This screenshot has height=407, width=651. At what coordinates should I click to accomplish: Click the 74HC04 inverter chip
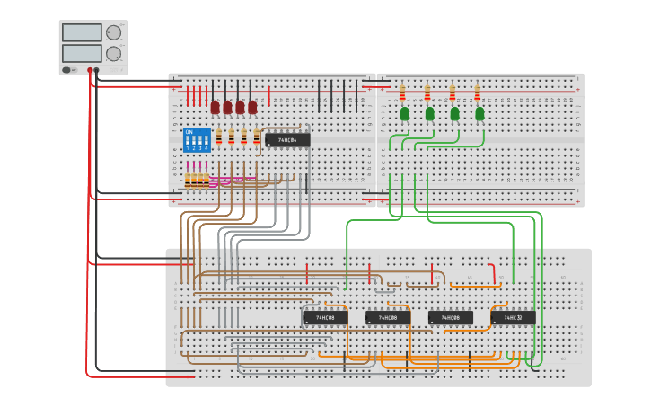coord(287,140)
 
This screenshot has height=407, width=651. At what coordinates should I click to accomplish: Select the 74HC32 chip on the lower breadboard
coord(513,317)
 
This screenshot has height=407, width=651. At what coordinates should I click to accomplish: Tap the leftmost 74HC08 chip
coord(324,317)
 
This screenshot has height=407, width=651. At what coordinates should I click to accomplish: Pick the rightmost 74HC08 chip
coord(450,317)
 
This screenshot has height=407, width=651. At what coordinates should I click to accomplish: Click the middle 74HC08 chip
coord(387,317)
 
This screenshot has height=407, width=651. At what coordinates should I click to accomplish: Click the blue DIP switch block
coord(197,140)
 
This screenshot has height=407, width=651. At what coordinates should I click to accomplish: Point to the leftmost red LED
coord(216,107)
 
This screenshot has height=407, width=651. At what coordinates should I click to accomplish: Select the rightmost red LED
coord(253,107)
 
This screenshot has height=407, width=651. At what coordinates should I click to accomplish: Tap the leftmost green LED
coord(405,113)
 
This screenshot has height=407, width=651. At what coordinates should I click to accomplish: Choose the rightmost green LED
coord(479,113)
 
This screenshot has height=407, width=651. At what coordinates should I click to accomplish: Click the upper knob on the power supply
coord(113,32)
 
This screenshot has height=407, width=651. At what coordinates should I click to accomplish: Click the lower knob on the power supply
coord(113,53)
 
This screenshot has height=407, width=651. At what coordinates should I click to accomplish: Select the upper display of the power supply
coord(82,32)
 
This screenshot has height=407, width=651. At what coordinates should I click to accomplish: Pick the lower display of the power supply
coord(82,53)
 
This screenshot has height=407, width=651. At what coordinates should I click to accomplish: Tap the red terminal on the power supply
coord(95,69)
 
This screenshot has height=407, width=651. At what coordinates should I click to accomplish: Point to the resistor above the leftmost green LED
coord(403,93)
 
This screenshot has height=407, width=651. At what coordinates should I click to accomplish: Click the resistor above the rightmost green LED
coord(478,93)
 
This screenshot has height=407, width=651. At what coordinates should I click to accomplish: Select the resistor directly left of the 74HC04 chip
coord(257,137)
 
